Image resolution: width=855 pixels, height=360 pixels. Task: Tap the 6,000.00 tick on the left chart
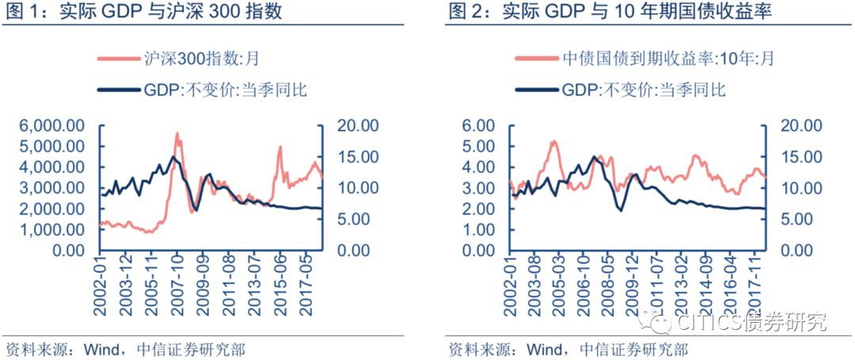pyautogui.click(x=53, y=126)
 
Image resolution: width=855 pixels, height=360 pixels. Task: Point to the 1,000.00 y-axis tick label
pyautogui.click(x=53, y=229)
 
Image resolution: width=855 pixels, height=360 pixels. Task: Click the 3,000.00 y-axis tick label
pyautogui.click(x=53, y=188)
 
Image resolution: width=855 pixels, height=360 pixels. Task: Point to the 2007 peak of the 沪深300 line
pyautogui.click(x=177, y=134)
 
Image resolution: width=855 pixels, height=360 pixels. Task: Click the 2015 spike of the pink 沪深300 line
pyautogui.click(x=279, y=147)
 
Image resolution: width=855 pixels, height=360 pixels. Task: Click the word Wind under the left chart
pyautogui.click(x=100, y=349)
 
